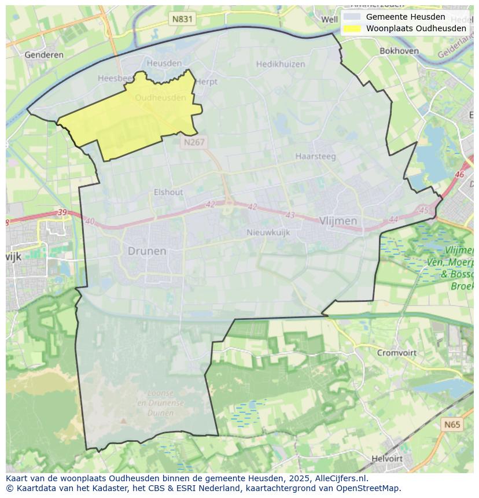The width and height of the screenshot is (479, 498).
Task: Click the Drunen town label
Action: [147, 251]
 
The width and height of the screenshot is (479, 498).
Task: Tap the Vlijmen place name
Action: [338, 221]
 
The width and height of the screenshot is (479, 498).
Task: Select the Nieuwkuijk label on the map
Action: [268, 233]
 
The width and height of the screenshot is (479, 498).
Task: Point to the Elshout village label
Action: [168, 192]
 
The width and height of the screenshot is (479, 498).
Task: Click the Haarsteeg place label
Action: [315, 156]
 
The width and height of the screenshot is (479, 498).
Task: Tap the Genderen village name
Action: [44, 55]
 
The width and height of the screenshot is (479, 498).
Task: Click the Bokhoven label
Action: [399, 51]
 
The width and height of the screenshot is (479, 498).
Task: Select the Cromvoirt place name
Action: [397, 352]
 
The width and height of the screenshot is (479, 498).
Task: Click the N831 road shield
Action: [182, 19]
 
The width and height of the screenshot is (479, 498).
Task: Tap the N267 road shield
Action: [193, 142]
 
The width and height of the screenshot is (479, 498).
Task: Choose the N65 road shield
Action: [452, 425]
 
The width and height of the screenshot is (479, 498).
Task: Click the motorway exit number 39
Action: [62, 213]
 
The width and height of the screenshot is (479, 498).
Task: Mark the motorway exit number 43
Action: [290, 215]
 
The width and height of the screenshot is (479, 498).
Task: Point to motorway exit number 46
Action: [460, 174]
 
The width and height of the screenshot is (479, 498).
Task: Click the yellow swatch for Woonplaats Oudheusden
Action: [352, 28]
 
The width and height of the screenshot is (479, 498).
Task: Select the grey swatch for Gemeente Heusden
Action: [352, 17]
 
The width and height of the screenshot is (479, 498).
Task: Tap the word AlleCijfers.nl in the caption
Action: [341, 478]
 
